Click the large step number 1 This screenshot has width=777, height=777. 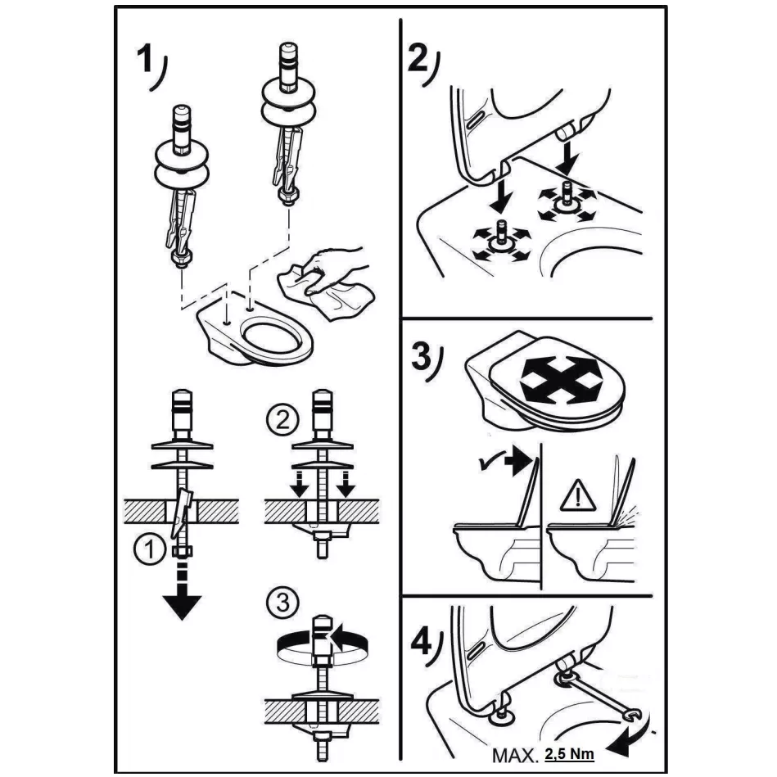click(145, 58)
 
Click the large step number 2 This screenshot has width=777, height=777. click(417, 59)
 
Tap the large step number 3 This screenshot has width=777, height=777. click(421, 357)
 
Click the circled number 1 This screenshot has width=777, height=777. click(149, 550)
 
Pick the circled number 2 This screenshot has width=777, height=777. click(282, 422)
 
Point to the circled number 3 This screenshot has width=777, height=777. click(282, 603)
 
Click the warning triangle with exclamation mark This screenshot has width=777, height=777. click(578, 496)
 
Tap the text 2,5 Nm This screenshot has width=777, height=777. click(569, 754)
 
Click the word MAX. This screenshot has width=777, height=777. click(515, 755)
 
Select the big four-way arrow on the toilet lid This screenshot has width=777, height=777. click(561, 378)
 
